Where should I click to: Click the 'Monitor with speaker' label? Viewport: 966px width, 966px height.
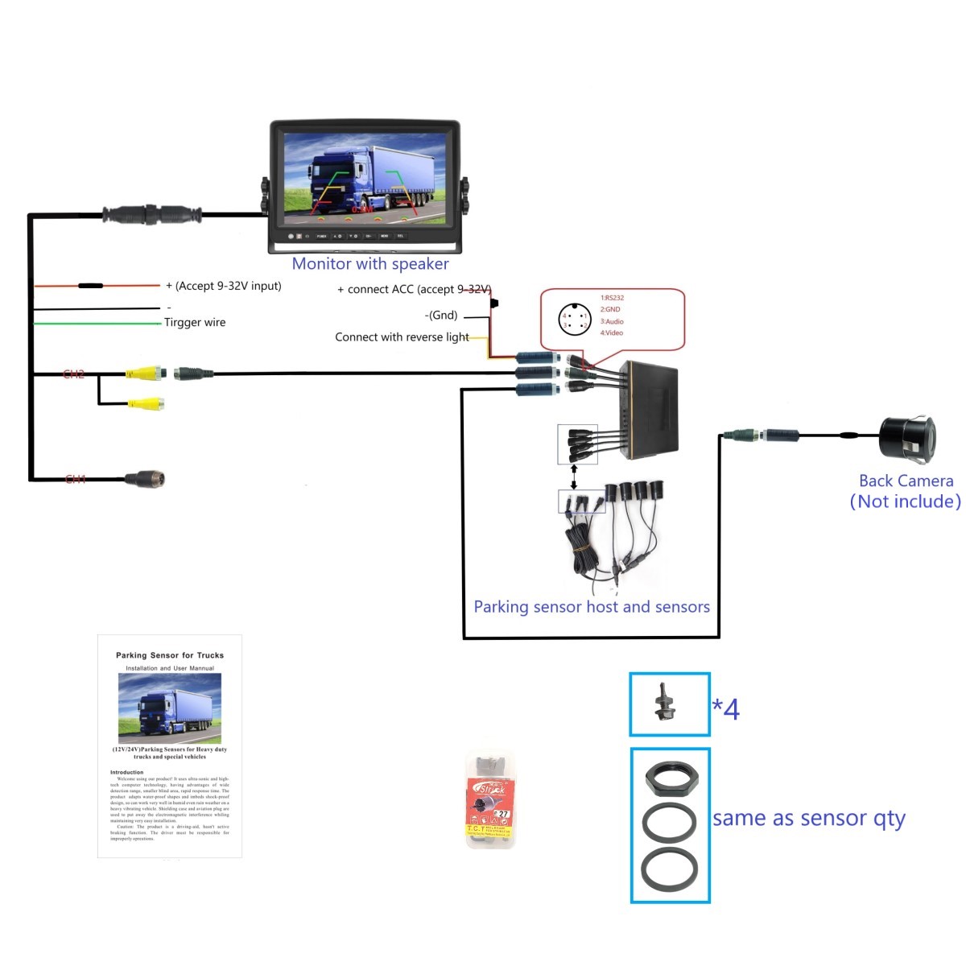pyautogui.click(x=370, y=264)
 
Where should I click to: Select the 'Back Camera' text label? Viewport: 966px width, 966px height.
pyautogui.click(x=906, y=481)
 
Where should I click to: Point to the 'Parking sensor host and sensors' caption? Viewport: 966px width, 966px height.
pyautogui.click(x=592, y=607)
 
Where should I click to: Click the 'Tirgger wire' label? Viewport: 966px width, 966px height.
pyautogui.click(x=195, y=323)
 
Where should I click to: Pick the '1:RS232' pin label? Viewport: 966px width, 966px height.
pyautogui.click(x=612, y=298)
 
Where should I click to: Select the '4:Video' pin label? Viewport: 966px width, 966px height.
pyautogui.click(x=611, y=332)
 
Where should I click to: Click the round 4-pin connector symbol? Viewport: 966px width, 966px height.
pyautogui.click(x=575, y=320)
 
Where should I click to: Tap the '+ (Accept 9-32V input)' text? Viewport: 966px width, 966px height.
pyautogui.click(x=224, y=286)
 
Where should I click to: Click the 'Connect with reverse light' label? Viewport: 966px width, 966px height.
pyautogui.click(x=402, y=337)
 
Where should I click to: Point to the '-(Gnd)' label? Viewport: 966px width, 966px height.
pyautogui.click(x=441, y=316)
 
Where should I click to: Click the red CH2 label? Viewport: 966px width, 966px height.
pyautogui.click(x=74, y=374)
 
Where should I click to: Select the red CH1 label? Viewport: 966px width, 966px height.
pyautogui.click(x=76, y=480)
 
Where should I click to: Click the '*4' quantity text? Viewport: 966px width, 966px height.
pyautogui.click(x=725, y=709)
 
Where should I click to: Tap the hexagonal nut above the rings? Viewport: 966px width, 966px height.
pyautogui.click(x=670, y=776)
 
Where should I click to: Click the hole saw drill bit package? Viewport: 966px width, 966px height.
pyautogui.click(x=490, y=800)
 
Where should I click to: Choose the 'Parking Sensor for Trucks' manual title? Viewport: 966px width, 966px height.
pyautogui.click(x=170, y=655)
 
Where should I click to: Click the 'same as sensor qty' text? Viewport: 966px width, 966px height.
pyautogui.click(x=809, y=819)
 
